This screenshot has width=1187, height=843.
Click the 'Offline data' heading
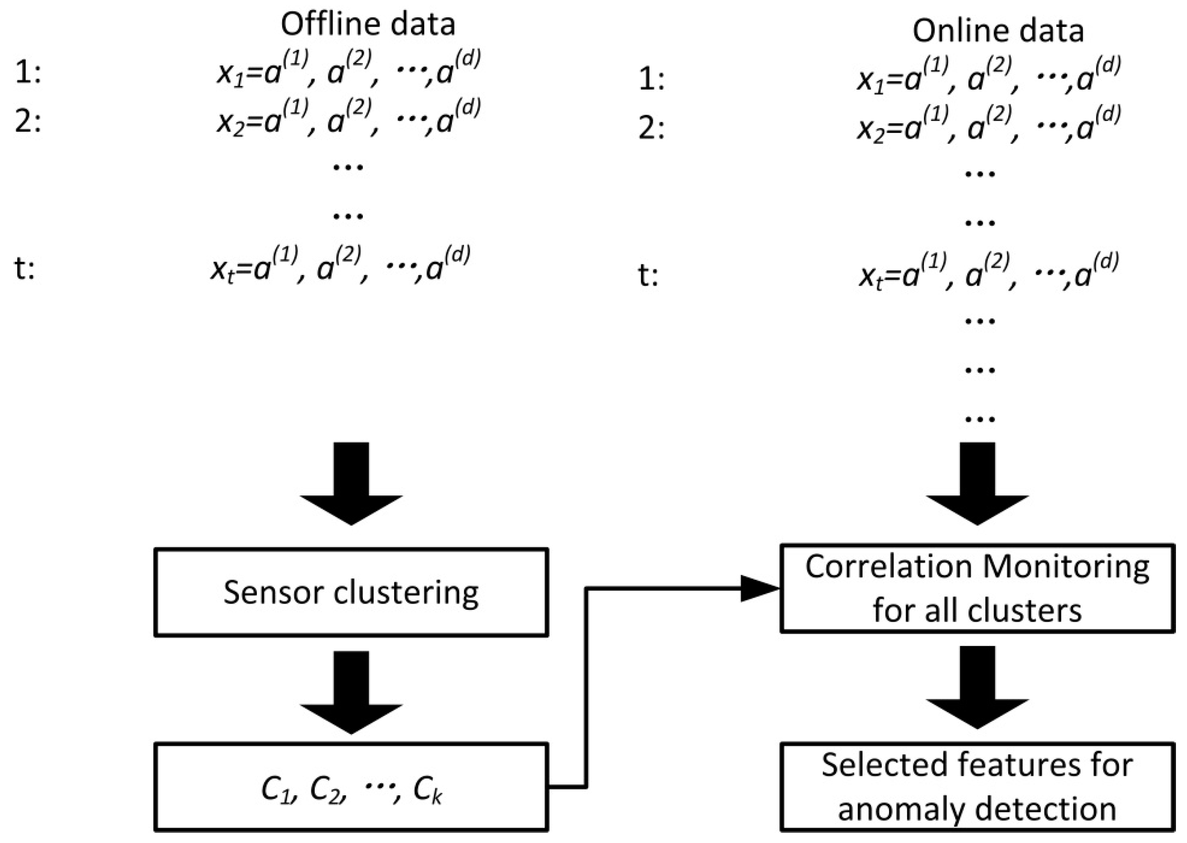(367, 24)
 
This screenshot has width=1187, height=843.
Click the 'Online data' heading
(998, 31)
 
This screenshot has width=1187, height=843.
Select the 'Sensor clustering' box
(351, 592)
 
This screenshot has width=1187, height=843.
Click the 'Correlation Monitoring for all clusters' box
(977, 588)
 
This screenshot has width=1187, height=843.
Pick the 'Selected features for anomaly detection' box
(977, 787)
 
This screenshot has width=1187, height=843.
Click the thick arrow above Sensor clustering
(351, 483)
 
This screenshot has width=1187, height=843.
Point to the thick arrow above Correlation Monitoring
(977, 483)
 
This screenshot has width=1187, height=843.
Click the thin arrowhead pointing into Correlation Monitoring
(760, 588)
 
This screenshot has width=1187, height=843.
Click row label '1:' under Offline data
(27, 73)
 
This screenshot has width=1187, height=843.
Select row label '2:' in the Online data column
(651, 128)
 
